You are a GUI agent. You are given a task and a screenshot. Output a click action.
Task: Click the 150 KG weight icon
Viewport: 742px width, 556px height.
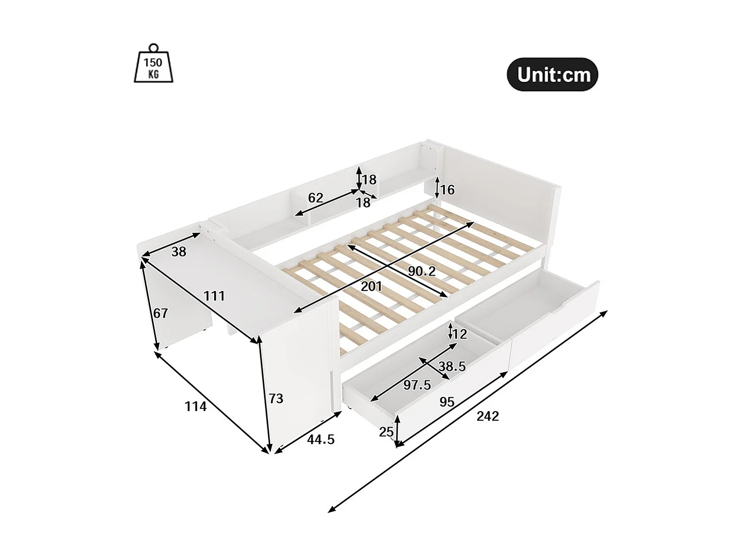(154, 64)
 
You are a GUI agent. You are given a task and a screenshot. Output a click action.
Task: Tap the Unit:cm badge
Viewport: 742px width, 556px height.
(553, 75)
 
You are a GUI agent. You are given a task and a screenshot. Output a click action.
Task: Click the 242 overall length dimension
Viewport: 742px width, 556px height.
(487, 416)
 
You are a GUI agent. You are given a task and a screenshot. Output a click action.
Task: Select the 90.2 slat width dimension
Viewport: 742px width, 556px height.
(421, 271)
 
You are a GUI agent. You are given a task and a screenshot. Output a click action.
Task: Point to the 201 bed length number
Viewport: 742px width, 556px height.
(371, 287)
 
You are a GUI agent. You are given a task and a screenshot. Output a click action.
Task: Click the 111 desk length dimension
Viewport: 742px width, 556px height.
(214, 296)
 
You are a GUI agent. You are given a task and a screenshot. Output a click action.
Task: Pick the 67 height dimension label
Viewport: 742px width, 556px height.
(160, 314)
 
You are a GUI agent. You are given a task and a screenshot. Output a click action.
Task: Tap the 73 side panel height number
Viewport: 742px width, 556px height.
(276, 399)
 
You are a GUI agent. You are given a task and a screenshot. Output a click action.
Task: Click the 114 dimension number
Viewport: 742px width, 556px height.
(195, 406)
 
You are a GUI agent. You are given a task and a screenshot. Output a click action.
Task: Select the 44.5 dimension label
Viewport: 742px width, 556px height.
(321, 439)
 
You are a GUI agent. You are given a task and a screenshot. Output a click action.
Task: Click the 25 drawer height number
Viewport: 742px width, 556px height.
(386, 432)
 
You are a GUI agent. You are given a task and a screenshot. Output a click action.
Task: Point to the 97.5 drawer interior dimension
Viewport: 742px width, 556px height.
(417, 385)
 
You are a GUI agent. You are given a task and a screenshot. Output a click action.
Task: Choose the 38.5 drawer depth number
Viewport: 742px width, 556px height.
(452, 366)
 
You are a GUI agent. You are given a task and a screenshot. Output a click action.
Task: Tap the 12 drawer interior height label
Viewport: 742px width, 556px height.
(460, 334)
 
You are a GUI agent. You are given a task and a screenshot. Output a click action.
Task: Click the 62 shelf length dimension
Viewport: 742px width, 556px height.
(315, 198)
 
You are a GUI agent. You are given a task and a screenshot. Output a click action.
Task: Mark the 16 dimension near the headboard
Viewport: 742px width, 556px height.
(447, 190)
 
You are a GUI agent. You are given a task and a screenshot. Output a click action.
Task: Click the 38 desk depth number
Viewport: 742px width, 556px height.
(179, 251)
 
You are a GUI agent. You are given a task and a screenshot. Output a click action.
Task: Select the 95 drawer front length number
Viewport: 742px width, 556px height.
(447, 402)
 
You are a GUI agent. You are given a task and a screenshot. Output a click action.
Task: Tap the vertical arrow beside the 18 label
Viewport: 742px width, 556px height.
(358, 178)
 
